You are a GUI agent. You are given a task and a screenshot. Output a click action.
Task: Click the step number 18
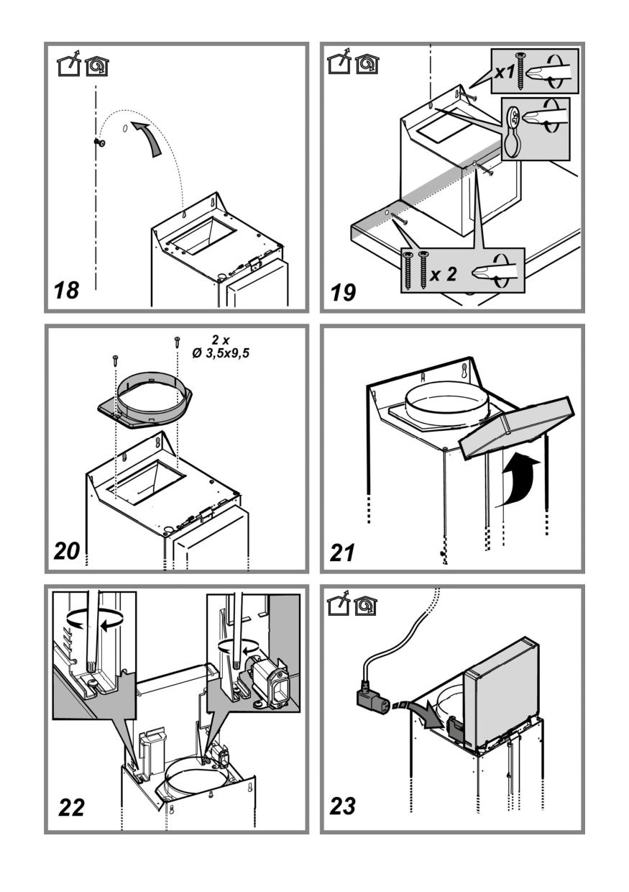click(x=66, y=291)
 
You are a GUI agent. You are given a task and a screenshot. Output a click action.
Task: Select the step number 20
click(x=68, y=551)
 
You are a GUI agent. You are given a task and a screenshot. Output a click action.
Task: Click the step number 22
click(x=71, y=806)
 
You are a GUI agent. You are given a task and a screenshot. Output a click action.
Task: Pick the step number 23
click(x=343, y=806)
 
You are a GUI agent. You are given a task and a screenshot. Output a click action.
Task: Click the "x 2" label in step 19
click(x=444, y=275)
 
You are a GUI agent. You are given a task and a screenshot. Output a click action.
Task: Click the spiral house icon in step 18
click(x=93, y=67)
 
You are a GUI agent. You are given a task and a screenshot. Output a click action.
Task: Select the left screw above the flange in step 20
click(x=114, y=360)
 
